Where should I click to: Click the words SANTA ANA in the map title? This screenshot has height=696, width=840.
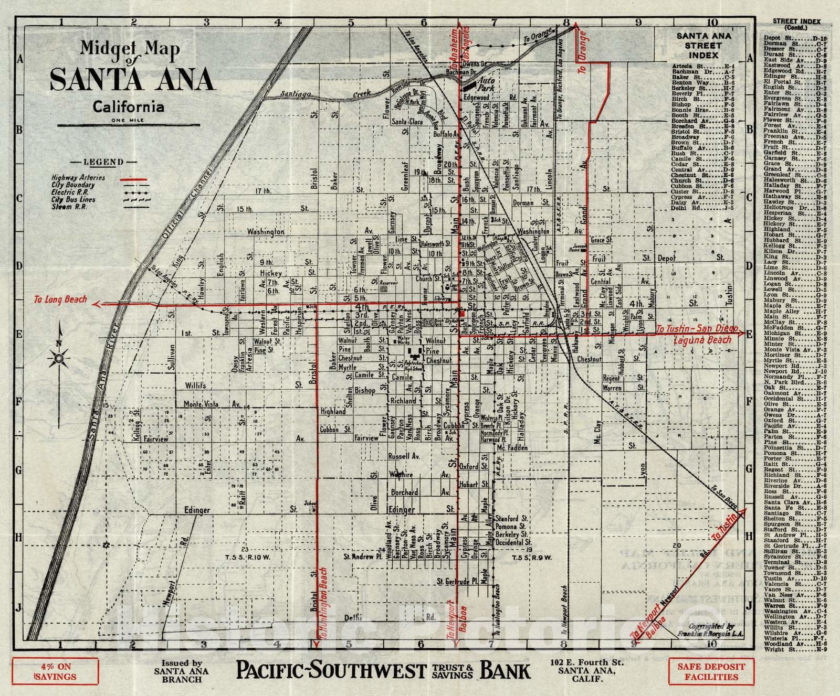point(132,79)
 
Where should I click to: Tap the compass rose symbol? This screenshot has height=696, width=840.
point(59,359)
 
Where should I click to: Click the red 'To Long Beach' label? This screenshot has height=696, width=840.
point(60,299)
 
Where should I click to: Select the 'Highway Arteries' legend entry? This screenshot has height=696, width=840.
point(78,178)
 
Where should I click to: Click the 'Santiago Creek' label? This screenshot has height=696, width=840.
point(325,94)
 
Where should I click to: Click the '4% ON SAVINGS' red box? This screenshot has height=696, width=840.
point(55,672)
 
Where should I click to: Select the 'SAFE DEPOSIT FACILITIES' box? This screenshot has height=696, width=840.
point(711,672)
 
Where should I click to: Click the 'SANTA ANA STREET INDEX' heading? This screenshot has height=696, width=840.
point(703,45)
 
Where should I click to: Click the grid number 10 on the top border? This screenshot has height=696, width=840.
point(712,23)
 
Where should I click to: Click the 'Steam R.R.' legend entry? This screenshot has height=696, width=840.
point(69,207)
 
